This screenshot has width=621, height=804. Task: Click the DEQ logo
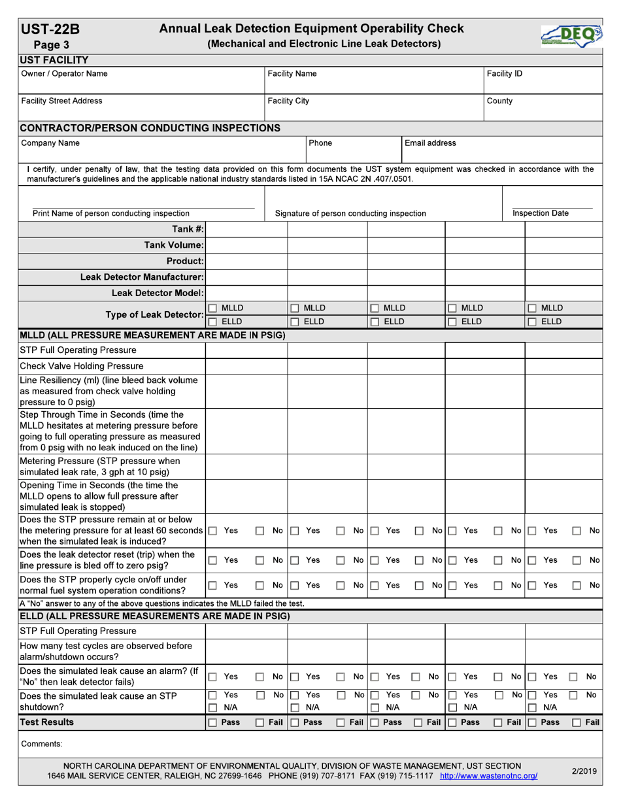pos(571,36)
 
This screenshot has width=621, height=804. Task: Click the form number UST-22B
pos(51,29)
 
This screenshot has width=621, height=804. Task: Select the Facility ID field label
pos(505,74)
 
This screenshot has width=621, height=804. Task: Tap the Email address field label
pos(430,143)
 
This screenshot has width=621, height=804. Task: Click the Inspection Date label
pos(540,213)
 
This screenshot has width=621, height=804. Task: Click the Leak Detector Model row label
pos(158,292)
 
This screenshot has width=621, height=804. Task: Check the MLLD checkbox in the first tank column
pos(212,308)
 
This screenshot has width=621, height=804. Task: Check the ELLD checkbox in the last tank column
pos(532,322)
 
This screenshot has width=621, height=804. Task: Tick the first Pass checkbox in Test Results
pos(212,722)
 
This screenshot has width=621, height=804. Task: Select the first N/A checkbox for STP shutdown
pos(212,707)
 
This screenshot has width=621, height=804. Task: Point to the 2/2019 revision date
pos(584,771)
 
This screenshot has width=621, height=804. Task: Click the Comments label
pos(42,744)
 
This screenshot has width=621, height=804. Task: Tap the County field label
pos(500,101)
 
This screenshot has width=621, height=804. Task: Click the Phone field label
pos(320,143)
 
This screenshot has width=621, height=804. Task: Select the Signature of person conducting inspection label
pos(350,213)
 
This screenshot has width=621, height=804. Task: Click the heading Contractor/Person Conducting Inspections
pos(150,127)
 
